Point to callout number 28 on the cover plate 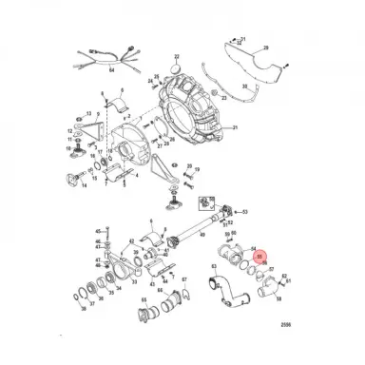click(265, 47)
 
